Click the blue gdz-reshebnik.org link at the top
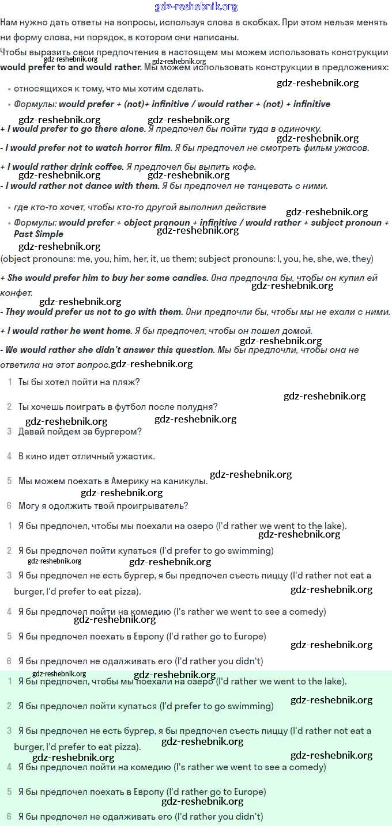coord(196,7)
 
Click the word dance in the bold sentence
coord(90,186)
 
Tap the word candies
coord(190,277)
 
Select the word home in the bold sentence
coord(118,331)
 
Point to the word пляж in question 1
coord(121,382)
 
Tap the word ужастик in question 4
coord(138,456)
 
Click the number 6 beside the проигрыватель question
coord(9,506)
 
